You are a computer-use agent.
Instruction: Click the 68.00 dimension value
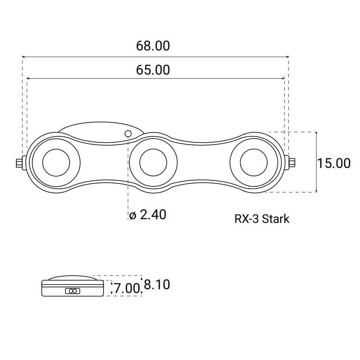click(153, 46)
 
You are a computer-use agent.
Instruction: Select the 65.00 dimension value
click(153, 70)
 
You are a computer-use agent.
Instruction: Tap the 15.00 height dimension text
click(334, 163)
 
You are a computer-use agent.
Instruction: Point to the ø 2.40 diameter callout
click(148, 215)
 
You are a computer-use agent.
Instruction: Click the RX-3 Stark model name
click(262, 219)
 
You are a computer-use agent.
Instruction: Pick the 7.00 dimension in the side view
click(127, 288)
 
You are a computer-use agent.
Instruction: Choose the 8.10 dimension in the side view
click(157, 284)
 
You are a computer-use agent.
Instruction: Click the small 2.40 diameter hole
click(128, 133)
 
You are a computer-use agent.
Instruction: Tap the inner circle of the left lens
click(56, 149)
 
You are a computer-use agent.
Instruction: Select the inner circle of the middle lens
click(153, 149)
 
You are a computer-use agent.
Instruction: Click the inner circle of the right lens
click(254, 149)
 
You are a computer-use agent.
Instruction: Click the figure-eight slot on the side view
click(73, 291)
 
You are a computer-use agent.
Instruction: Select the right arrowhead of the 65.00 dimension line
click(283, 79)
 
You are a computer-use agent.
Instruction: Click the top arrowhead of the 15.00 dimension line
click(316, 133)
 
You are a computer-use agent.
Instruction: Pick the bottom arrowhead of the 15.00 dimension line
click(316, 191)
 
